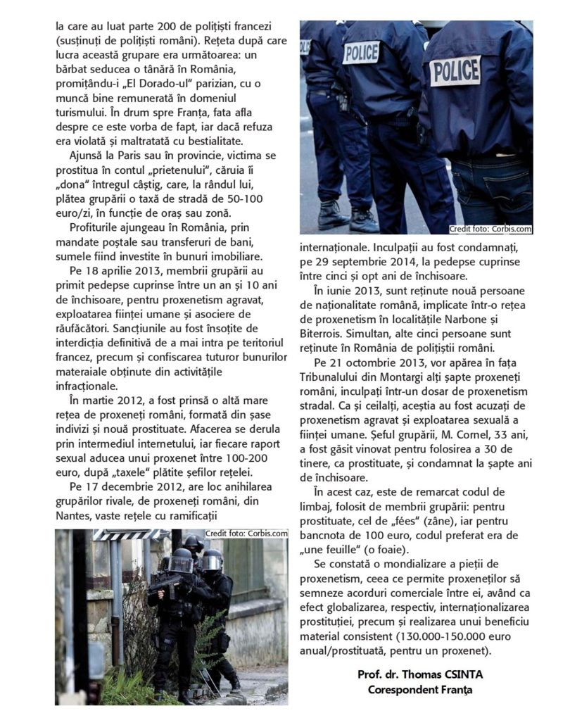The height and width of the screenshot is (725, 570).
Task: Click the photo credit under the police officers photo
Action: click(x=490, y=229)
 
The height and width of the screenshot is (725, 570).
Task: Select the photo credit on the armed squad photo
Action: click(x=246, y=533)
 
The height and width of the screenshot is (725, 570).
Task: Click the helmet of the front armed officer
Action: click(x=180, y=561)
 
